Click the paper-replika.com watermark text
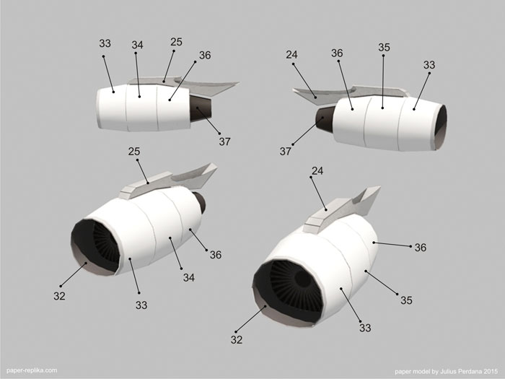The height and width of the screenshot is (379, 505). pos(32,370)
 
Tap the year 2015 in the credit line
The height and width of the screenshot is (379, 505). pos(490,371)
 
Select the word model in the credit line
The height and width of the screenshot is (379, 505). pos(421,371)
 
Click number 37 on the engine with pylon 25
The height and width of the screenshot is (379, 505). pos(225,141)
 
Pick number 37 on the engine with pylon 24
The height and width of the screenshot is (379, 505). pos(286,151)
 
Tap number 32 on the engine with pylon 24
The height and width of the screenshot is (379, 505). pos(237,339)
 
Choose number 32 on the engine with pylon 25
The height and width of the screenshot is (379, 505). pos(60,296)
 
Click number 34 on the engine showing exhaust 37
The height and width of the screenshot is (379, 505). pos(137,45)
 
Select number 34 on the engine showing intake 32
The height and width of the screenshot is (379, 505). pos(189,277)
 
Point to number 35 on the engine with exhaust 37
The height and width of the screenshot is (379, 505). pos(384,48)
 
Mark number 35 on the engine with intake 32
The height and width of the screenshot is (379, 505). pos(406,300)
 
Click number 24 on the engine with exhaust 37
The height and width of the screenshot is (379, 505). pos(291,55)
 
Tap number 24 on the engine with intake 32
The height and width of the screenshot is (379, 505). pos(317,170)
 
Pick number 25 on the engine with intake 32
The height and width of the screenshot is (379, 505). pos(134,151)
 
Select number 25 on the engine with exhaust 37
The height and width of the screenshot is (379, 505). pos(177,42)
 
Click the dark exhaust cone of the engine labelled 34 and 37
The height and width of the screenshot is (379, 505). pos(200,108)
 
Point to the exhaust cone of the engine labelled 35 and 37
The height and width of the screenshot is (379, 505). pos(325,120)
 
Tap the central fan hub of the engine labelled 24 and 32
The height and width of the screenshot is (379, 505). pos(303,279)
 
